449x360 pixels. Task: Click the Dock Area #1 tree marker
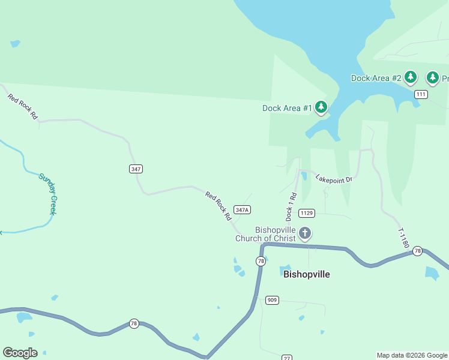321,107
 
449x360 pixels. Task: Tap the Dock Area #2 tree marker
411,77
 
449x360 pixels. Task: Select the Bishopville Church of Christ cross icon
305,233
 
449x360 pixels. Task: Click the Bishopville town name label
306,274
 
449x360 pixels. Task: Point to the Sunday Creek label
48,193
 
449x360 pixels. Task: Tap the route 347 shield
136,169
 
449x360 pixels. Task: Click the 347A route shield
242,209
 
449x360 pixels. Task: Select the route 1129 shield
307,213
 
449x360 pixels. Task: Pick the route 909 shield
272,300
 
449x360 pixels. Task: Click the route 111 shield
421,94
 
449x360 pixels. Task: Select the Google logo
20,353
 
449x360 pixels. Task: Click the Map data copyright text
412,355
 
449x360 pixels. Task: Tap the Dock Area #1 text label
287,109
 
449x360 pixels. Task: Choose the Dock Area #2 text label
376,78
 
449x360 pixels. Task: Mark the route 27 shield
288,358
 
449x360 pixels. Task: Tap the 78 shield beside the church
261,261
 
